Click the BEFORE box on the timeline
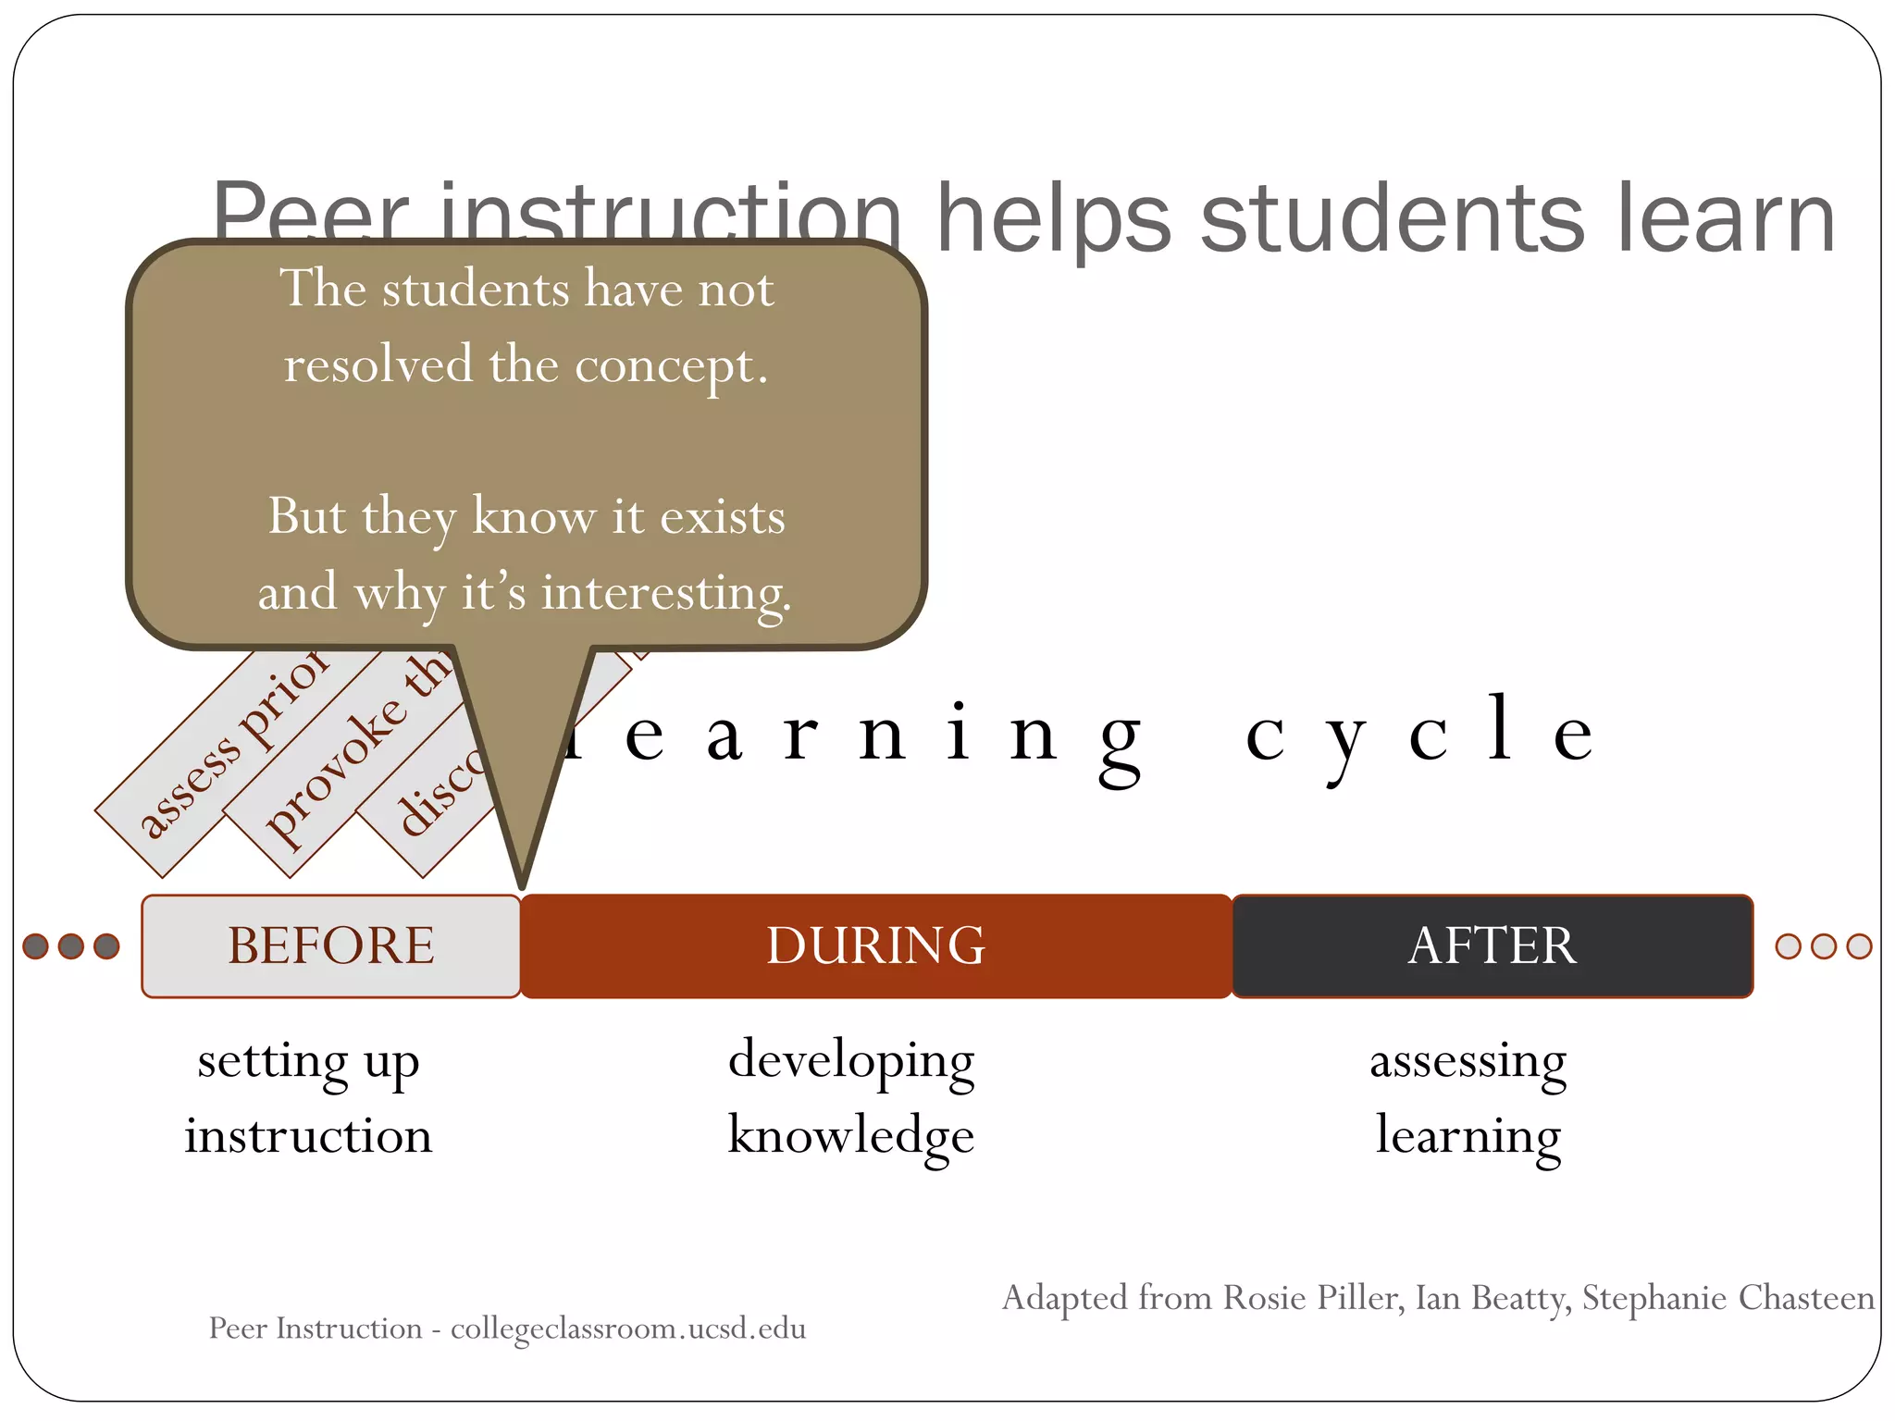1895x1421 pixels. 330,945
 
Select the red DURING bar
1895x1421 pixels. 875,945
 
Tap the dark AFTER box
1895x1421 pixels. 1492,945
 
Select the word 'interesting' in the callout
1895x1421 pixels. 666,593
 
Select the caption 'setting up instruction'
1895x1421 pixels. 308,1098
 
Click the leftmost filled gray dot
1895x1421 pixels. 36,945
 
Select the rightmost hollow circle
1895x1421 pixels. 1859,945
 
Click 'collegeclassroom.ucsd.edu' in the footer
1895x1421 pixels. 628,1328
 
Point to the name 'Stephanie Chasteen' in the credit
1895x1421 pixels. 1728,1298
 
